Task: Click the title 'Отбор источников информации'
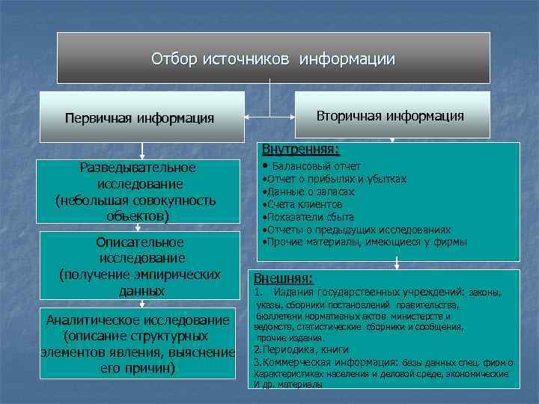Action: point(273,58)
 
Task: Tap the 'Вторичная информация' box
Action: point(390,116)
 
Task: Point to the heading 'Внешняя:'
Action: point(284,278)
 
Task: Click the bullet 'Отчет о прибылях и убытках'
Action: point(335,179)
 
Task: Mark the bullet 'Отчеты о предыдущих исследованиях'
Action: point(356,230)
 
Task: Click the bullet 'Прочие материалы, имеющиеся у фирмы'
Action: point(365,242)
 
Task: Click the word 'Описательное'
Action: point(140,242)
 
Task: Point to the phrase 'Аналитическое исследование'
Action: point(138,320)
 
